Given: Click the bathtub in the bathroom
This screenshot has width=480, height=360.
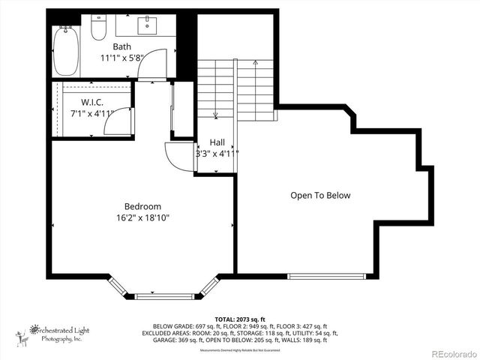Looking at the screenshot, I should tap(66, 49).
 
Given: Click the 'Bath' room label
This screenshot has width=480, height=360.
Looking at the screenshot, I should tap(122, 46).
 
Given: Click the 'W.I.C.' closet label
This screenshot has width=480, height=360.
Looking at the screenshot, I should tap(92, 102).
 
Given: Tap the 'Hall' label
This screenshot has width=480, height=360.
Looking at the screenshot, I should tap(217, 142).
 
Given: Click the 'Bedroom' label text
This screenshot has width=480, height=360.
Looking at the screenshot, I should tap(142, 206).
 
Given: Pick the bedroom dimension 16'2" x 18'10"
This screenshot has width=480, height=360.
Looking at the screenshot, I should tap(142, 218).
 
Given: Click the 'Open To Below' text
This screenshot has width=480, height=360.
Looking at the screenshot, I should tap(320, 195).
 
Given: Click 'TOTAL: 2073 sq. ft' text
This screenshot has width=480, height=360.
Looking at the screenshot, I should tap(239, 319).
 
